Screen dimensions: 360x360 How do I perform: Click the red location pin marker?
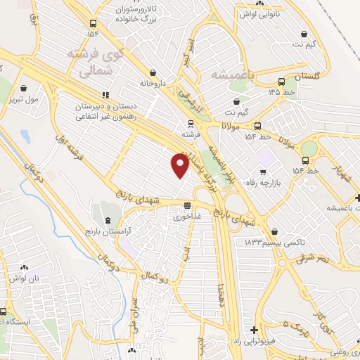click(180, 165)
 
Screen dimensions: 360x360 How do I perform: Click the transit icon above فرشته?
click(187, 122)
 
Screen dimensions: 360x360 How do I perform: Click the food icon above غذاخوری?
click(187, 206)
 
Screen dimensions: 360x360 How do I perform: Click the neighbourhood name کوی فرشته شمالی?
click(96, 62)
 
